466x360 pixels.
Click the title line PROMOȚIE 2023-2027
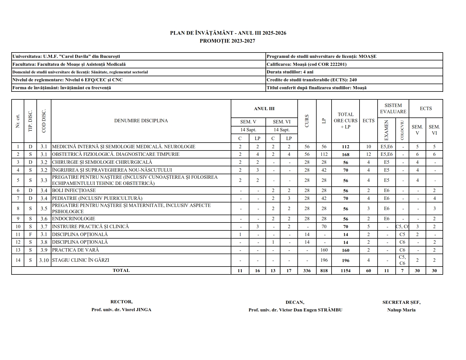(227, 41)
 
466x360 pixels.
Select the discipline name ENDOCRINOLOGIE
(73, 219)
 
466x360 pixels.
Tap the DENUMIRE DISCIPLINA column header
(141, 121)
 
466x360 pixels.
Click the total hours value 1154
(345, 270)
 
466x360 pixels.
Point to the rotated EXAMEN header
(386, 130)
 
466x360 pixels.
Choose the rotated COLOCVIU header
(402, 130)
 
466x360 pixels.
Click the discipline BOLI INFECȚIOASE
(74, 191)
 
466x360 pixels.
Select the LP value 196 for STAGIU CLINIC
(324, 260)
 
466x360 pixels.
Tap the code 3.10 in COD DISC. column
(44, 260)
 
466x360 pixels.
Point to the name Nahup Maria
(401, 310)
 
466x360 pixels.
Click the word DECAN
(295, 302)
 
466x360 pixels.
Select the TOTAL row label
(121, 270)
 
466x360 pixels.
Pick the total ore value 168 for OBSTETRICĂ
(345, 154)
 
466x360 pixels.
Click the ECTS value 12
(368, 154)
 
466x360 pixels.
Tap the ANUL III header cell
(264, 109)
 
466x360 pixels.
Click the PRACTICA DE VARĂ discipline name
(75, 250)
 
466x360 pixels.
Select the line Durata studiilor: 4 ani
(290, 72)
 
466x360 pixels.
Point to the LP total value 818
(324, 270)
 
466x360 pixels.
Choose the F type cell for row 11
(31, 234)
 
